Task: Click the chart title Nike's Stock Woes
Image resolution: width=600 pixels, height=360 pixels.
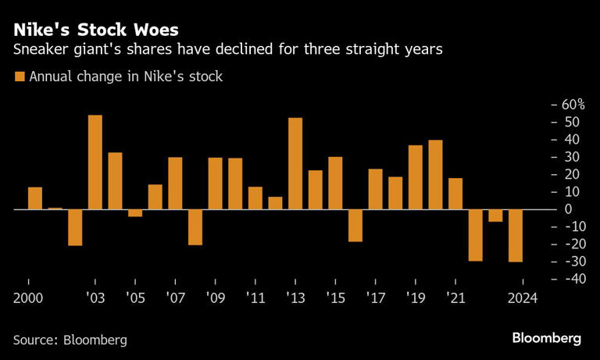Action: pyautogui.click(x=94, y=30)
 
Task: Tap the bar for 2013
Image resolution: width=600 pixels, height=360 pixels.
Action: pyautogui.click(x=295, y=164)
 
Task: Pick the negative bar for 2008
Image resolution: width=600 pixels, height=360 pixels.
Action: pyautogui.click(x=195, y=227)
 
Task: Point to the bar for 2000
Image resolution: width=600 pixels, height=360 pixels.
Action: pyautogui.click(x=35, y=198)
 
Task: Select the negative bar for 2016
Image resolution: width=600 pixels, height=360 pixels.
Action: pyautogui.click(x=355, y=226)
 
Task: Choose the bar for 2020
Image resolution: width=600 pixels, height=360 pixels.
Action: pyautogui.click(x=436, y=175)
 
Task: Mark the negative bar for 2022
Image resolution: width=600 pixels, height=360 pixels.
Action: pyautogui.click(x=475, y=235)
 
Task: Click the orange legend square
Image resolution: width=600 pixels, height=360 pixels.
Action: pyautogui.click(x=19, y=77)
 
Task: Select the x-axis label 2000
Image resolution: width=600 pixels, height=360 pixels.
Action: pyautogui.click(x=27, y=298)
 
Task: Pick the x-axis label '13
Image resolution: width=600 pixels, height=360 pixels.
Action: pyautogui.click(x=295, y=298)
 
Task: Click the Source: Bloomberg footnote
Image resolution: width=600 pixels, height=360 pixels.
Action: pyautogui.click(x=70, y=340)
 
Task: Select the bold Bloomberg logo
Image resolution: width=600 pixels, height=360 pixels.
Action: pyautogui.click(x=547, y=338)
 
